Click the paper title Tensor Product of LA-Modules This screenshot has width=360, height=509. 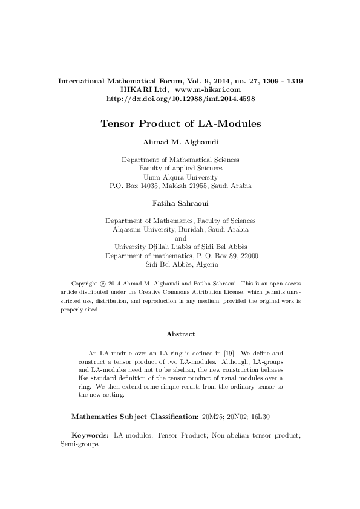pyautogui.click(x=180, y=124)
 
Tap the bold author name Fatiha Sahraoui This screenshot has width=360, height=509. pyautogui.click(x=180, y=206)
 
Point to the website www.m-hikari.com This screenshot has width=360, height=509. pyautogui.click(x=208, y=89)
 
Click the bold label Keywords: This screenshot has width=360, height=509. pyautogui.click(x=90, y=435)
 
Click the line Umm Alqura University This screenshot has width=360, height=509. pyautogui.click(x=180, y=177)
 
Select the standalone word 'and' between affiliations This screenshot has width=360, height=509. pyautogui.click(x=180, y=238)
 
